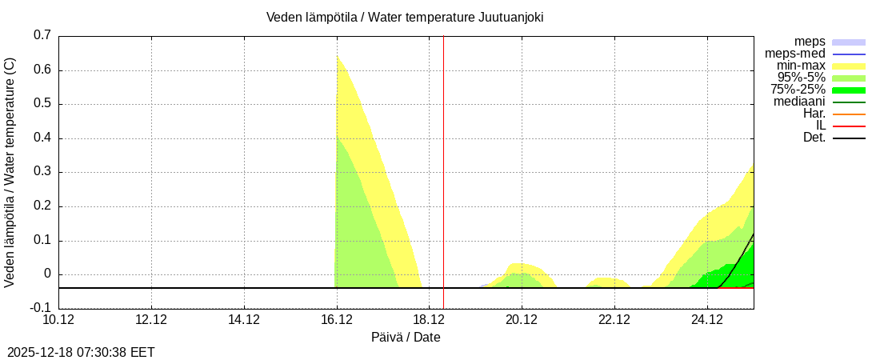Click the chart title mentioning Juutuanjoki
pyautogui.click(x=405, y=17)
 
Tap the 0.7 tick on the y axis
pyautogui.click(x=42, y=35)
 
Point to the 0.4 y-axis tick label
pyautogui.click(x=42, y=138)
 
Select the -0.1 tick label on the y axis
pyautogui.click(x=41, y=308)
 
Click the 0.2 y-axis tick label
pyautogui.click(x=42, y=206)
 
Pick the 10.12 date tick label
pyautogui.click(x=59, y=320)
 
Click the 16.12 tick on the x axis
pyautogui.click(x=337, y=320)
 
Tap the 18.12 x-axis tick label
pyautogui.click(x=430, y=320)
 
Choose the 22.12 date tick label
pyautogui.click(x=614, y=320)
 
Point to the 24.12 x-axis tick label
pyautogui.click(x=707, y=320)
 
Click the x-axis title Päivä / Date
pyautogui.click(x=406, y=337)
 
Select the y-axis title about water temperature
pyautogui.click(x=10, y=172)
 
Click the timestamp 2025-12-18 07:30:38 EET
pyautogui.click(x=81, y=352)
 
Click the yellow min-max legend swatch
pyautogui.click(x=849, y=66)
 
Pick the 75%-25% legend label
pyautogui.click(x=798, y=90)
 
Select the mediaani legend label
pyautogui.click(x=799, y=102)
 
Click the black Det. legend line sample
pyautogui.click(x=849, y=138)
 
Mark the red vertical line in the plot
pyautogui.click(x=443, y=160)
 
